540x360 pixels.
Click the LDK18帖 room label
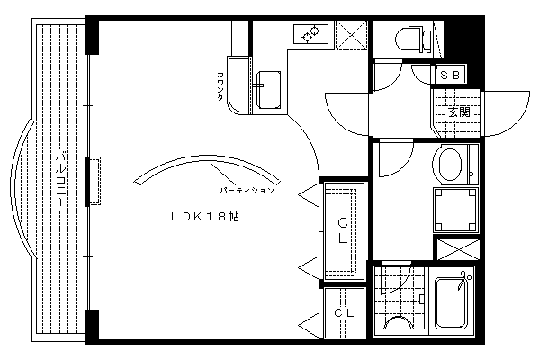tap(205, 217)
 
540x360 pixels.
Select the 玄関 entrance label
tap(459, 112)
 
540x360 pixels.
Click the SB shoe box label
tap(450, 75)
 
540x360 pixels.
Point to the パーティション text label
tap(247, 191)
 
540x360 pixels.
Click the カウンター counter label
tap(220, 90)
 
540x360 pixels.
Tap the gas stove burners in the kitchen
tap(310, 34)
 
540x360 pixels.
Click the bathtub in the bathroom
tap(452, 302)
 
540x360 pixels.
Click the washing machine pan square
tap(455, 210)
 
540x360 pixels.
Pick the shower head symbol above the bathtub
tap(463, 280)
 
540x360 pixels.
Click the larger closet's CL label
tap(343, 230)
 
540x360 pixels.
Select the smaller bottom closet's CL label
tap(344, 313)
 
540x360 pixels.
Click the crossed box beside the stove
tap(352, 35)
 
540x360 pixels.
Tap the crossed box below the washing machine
tap(458, 249)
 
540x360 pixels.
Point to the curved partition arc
tap(207, 157)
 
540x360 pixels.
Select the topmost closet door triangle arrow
tap(309, 195)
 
